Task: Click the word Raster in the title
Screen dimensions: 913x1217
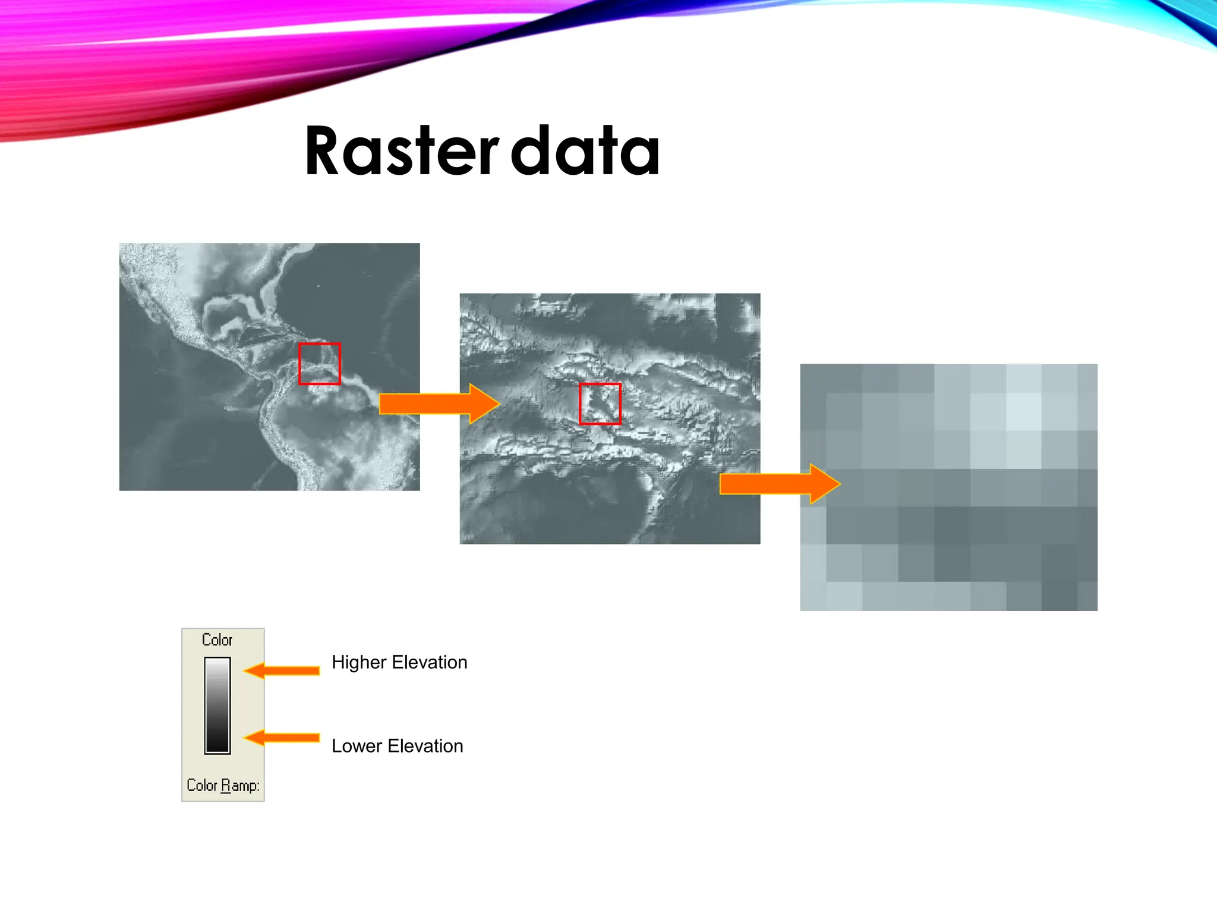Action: point(402,152)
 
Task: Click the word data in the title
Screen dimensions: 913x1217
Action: point(585,152)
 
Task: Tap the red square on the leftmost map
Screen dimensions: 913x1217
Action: point(320,364)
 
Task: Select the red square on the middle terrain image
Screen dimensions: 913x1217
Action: point(600,404)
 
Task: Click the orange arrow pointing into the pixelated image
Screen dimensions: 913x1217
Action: point(779,484)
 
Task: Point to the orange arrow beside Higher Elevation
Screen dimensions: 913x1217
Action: point(282,671)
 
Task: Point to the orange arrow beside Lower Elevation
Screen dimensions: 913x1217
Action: point(282,738)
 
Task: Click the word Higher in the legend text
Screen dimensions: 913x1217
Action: point(359,663)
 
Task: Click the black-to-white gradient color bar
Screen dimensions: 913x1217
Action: point(217,706)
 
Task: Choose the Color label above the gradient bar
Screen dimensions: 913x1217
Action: point(217,640)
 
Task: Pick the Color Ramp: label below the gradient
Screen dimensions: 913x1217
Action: point(223,786)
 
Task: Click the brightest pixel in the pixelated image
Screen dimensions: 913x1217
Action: point(1024,411)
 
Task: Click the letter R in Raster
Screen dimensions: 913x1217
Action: point(325,152)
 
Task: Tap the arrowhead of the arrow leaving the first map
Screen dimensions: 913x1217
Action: point(484,404)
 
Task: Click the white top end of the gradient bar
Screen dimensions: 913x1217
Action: point(217,663)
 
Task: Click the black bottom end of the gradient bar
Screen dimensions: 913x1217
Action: point(217,747)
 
